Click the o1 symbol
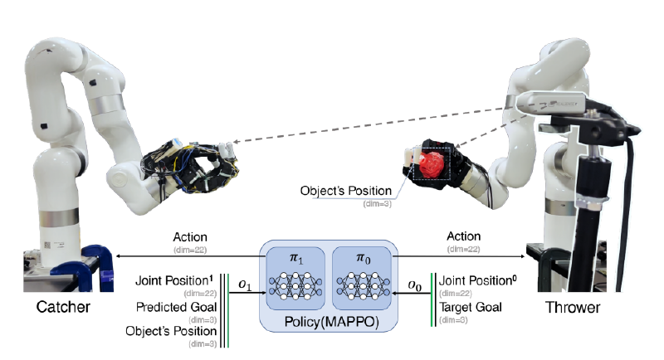point(245,285)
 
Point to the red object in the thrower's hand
point(431,163)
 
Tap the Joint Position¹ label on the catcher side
point(175,281)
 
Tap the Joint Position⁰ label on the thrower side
point(478,280)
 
